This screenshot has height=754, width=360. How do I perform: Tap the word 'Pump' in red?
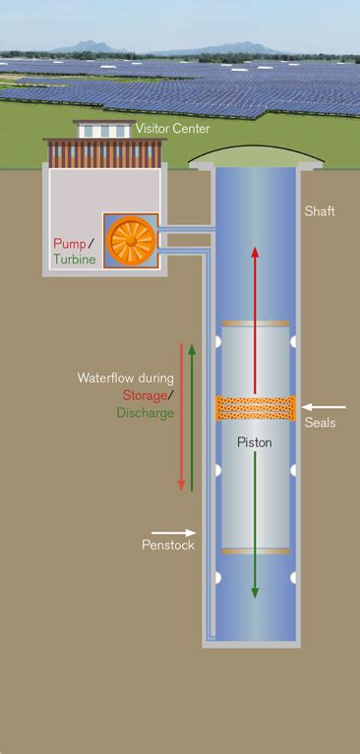click(70, 242)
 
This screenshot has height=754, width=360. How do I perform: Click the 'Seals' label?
click(321, 423)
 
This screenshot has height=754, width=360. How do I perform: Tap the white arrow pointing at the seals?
click(324, 405)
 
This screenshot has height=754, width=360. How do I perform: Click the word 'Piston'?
click(255, 442)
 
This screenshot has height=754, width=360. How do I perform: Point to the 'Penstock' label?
click(168, 545)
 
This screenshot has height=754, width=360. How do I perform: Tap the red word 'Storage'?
click(149, 395)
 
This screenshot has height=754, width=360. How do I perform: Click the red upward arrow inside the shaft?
click(255, 315)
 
